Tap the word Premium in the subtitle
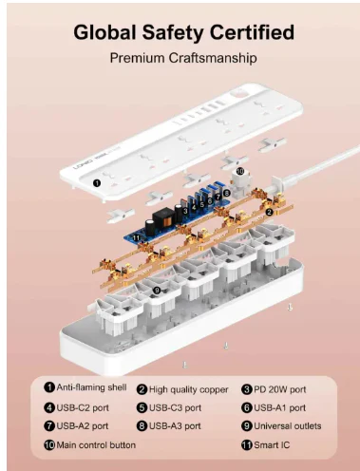137,58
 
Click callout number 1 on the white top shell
97,183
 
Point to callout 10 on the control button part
240,171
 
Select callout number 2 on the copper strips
269,212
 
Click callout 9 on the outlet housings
157,290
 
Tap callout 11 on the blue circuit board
137,237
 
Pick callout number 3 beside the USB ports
185,211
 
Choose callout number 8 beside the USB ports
226,193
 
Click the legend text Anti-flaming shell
91,387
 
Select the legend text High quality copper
188,389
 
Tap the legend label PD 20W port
280,389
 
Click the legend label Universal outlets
288,426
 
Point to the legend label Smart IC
272,445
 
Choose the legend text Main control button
96,445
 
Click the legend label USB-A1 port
280,407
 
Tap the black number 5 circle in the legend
142,407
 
